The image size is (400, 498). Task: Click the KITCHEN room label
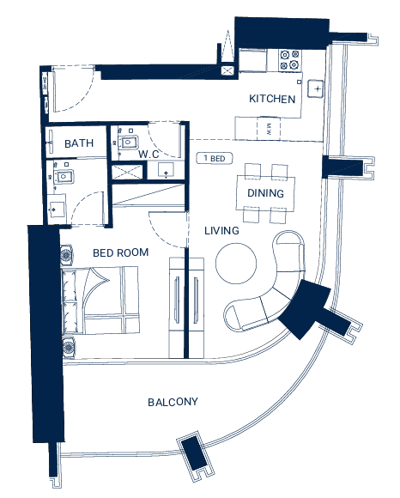click(x=272, y=99)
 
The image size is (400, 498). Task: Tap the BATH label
click(x=79, y=143)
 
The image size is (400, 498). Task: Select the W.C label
click(x=148, y=154)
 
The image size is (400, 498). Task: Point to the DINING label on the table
click(x=265, y=193)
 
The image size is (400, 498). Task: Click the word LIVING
click(x=221, y=231)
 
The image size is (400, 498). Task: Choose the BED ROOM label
click(x=121, y=252)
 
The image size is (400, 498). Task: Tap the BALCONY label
click(x=173, y=402)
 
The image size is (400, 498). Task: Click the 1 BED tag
click(x=215, y=158)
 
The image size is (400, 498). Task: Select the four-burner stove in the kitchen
click(x=289, y=60)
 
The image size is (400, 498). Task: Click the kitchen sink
click(x=316, y=88)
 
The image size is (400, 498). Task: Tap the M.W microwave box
click(x=269, y=129)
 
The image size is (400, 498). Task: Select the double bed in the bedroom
click(x=100, y=301)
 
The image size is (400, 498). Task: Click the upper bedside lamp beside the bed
click(x=66, y=255)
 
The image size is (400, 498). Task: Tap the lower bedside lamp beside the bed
click(x=69, y=347)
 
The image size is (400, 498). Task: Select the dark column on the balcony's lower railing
click(x=194, y=452)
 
